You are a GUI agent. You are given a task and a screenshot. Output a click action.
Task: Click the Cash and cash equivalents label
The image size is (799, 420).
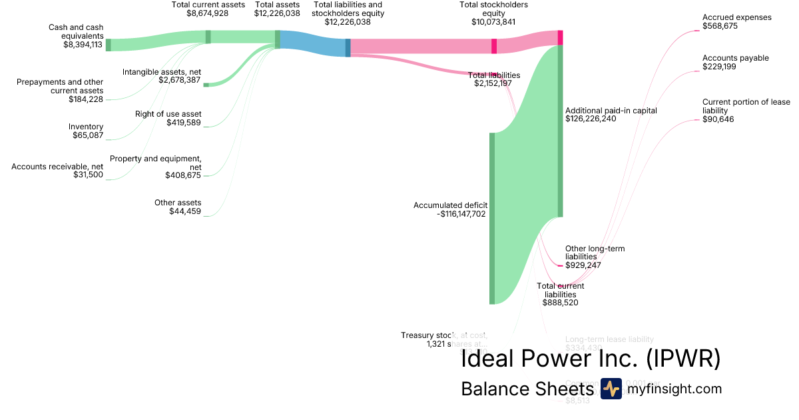75,31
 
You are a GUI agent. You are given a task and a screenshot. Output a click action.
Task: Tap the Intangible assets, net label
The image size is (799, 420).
162,72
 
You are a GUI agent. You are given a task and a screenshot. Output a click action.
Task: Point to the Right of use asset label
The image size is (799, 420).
168,114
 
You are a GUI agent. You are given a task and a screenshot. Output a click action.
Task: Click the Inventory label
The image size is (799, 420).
86,127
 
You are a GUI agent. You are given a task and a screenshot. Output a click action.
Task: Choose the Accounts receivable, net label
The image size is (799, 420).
57,166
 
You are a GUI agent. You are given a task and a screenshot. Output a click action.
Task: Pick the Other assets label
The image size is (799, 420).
178,203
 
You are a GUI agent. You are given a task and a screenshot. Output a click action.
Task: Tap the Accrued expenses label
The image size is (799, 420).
736,17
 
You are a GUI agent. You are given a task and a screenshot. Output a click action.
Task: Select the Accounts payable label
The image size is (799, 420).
735,58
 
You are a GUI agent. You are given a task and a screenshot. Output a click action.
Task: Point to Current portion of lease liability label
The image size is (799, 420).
746,106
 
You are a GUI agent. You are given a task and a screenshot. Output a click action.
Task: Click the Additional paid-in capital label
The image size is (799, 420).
611,111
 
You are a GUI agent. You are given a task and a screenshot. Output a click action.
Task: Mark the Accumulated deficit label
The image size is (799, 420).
451,205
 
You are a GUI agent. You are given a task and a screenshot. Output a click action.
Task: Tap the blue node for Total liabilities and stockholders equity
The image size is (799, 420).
348,47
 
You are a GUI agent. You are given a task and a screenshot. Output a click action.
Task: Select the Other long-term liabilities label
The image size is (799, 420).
595,253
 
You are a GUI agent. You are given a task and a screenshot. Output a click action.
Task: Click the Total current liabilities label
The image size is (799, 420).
561,290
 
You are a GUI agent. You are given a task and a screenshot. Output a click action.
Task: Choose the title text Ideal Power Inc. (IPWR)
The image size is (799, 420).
591,359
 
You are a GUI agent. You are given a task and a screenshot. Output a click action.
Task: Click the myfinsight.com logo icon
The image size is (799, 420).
611,389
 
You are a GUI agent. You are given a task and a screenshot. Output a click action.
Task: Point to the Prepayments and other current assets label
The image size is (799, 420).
59,86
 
